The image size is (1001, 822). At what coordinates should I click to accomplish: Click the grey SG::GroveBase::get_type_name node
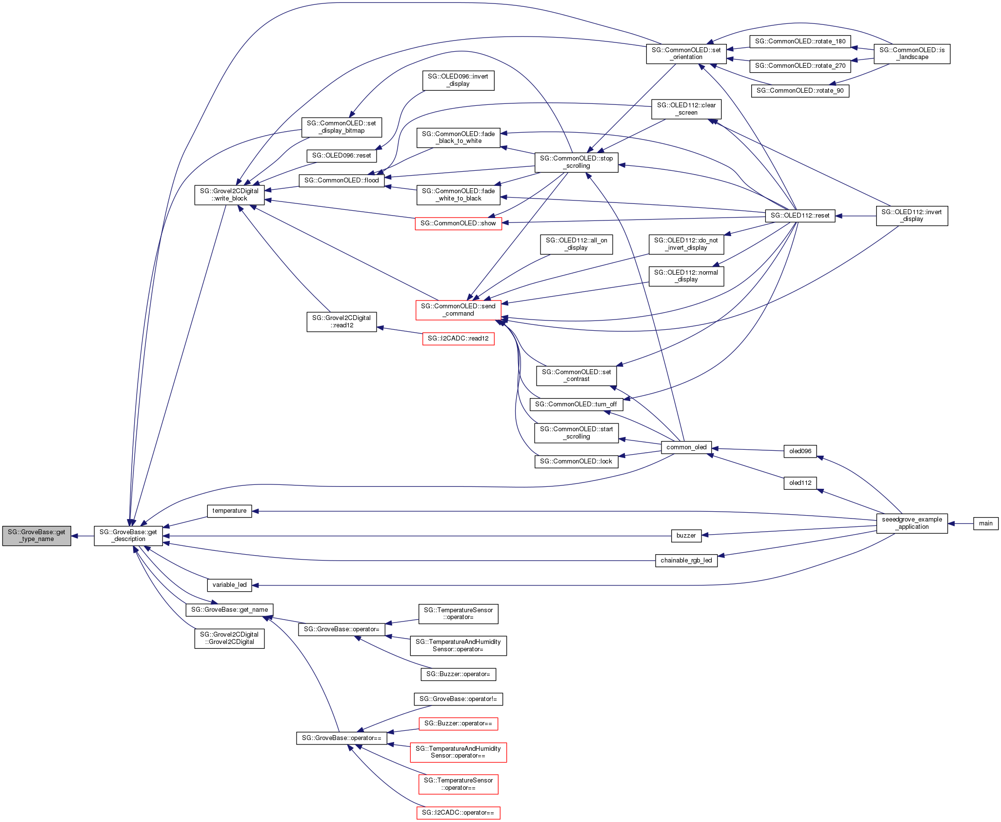point(37,536)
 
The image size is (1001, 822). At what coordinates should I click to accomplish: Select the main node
point(985,523)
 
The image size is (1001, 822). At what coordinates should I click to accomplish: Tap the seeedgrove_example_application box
point(912,523)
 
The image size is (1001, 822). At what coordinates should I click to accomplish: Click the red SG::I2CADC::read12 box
point(458,339)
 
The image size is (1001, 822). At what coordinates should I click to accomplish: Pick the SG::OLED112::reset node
point(800,216)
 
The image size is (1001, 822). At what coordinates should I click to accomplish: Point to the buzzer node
point(686,536)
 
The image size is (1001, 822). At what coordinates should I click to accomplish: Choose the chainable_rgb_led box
point(686,561)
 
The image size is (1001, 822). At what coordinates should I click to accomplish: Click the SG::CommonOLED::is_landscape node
point(912,54)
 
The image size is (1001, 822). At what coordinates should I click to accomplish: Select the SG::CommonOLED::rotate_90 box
point(800,91)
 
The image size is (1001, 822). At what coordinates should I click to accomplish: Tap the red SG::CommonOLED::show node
point(458,223)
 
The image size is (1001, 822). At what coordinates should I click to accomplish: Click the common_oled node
point(686,447)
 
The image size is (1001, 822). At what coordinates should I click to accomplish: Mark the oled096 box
point(800,451)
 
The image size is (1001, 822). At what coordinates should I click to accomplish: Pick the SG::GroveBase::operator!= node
point(458,699)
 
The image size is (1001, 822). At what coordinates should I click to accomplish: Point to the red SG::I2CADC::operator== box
point(458,813)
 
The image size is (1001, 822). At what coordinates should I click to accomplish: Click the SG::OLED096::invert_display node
point(458,80)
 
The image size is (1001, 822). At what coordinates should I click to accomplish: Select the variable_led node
point(229,585)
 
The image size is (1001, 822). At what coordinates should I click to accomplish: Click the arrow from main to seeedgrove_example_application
point(961,523)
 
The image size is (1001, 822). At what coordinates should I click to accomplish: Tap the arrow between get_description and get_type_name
point(82,536)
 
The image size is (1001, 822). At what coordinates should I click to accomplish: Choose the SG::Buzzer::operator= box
point(458,674)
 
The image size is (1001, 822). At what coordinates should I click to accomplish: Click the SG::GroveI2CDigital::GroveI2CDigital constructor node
point(229,638)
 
